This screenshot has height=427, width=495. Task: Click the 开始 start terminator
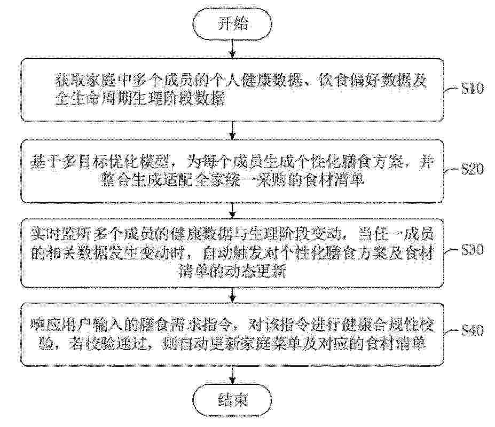(x=232, y=23)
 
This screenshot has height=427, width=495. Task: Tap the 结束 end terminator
(x=232, y=400)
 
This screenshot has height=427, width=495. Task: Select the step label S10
(x=472, y=89)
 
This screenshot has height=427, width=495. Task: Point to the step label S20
(x=472, y=170)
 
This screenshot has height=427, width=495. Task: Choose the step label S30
(x=472, y=250)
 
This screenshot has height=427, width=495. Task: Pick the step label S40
(x=472, y=330)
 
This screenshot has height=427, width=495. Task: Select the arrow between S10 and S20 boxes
(x=232, y=130)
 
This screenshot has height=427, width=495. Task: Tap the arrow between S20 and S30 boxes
(x=232, y=210)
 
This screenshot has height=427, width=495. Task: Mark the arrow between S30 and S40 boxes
(x=232, y=295)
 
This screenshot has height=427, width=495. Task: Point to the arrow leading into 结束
(x=232, y=376)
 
